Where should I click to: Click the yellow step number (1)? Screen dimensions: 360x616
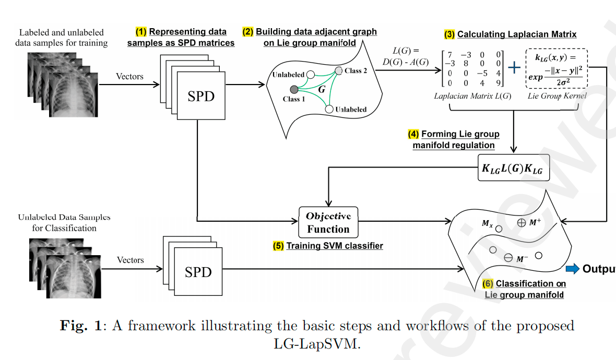[x=141, y=31]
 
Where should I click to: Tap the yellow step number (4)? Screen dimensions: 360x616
[x=413, y=134]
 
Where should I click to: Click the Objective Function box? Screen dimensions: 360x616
[x=328, y=222]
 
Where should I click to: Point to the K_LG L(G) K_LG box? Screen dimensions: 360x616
[x=514, y=167]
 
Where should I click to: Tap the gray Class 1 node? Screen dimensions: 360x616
[x=294, y=89]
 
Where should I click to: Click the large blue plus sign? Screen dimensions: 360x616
[x=515, y=68]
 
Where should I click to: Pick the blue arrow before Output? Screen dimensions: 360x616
[x=573, y=269]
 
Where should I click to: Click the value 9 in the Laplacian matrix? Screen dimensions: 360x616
[x=499, y=83]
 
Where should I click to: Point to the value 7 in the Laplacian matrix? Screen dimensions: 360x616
[x=450, y=54]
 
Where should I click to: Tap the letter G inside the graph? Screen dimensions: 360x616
[x=322, y=89]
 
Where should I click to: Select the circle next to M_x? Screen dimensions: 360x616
[x=499, y=229]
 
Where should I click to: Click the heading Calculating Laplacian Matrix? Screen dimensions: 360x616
[x=517, y=34]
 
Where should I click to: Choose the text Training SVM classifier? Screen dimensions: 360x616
[x=335, y=245]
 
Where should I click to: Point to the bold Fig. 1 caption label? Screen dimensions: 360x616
[x=81, y=326]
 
